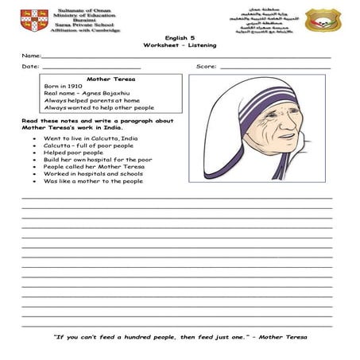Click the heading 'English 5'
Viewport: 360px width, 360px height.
coord(180,37)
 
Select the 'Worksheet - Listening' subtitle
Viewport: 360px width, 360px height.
coord(180,45)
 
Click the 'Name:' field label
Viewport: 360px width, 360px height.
coord(31,56)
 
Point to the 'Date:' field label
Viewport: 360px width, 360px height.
coord(30,67)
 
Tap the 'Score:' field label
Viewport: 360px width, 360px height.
coord(206,67)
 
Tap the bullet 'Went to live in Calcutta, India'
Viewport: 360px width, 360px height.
coord(90,138)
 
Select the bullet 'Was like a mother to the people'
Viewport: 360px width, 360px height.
coord(93,181)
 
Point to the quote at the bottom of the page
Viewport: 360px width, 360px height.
coord(180,337)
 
